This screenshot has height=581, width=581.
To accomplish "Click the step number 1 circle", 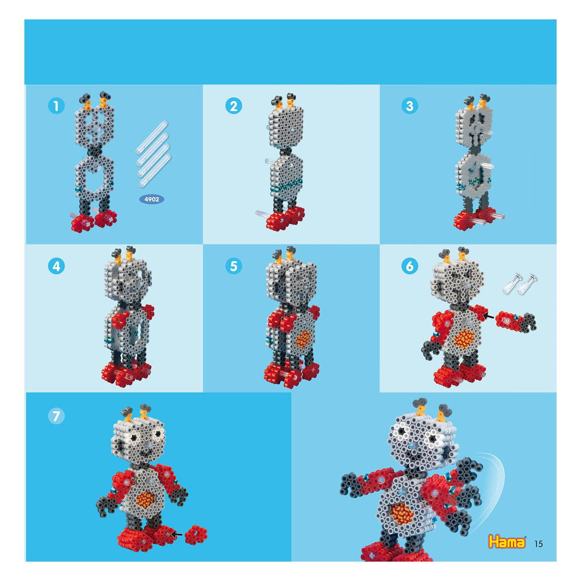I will click(56, 106).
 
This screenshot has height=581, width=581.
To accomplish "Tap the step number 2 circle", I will click(234, 106).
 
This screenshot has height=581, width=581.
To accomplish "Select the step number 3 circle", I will click(410, 106).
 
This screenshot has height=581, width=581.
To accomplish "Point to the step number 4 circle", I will click(56, 266).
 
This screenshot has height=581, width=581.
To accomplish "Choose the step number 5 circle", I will click(234, 266).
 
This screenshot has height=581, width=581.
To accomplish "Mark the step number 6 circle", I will click(410, 266).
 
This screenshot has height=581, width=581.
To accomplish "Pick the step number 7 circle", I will click(56, 416).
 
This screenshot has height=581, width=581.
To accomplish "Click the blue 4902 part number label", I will click(152, 199).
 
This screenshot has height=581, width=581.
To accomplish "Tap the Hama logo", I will click(507, 542).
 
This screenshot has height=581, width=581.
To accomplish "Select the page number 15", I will click(538, 544).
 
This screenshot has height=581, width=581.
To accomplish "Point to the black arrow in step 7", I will click(177, 534).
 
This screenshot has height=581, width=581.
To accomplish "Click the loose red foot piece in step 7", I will click(196, 534).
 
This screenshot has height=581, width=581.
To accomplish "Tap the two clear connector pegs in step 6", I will click(520, 284).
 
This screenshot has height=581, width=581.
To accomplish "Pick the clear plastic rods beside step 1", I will click(153, 153).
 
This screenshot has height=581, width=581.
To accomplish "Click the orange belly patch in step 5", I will click(303, 339).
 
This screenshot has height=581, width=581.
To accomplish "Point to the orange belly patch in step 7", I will click(146, 500).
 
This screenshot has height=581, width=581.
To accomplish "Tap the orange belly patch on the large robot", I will click(402, 513).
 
